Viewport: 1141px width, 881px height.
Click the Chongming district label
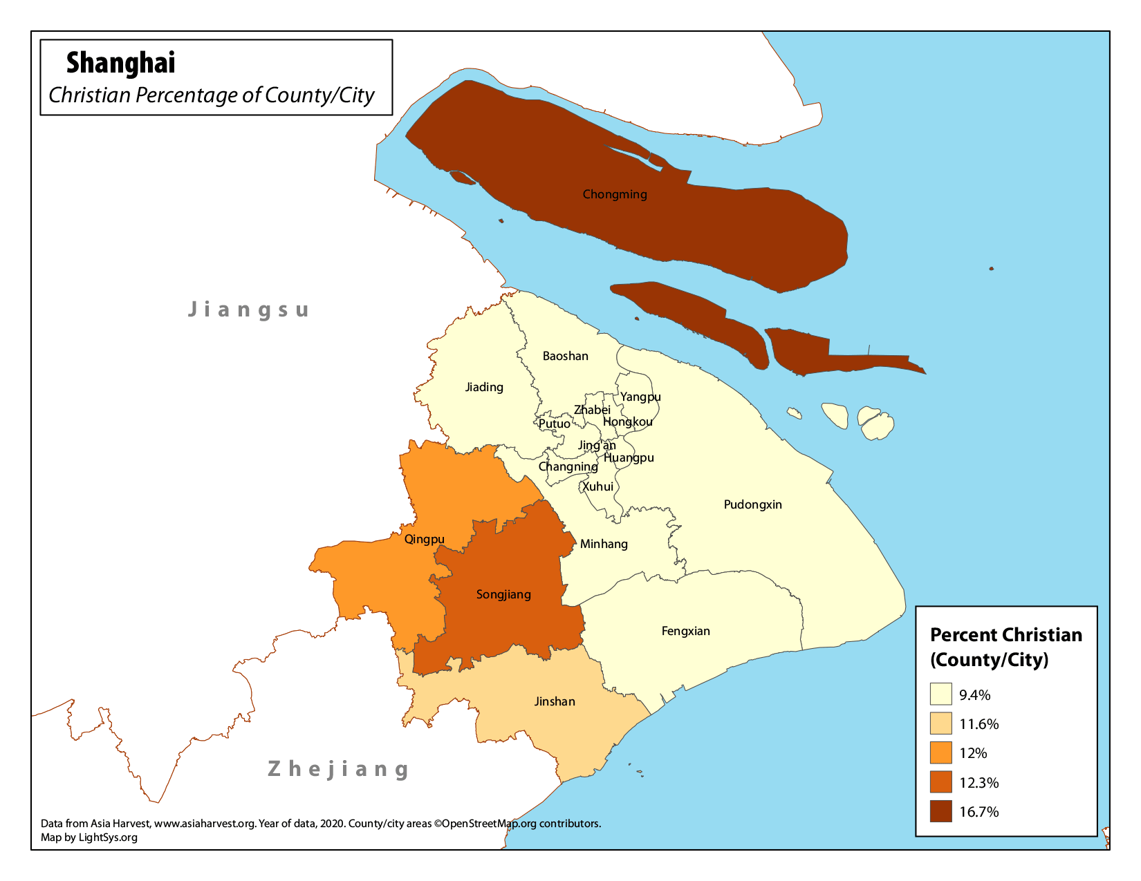pos(615,194)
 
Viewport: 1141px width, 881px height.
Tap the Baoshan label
pos(565,356)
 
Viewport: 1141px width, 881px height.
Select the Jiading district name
pos(484,387)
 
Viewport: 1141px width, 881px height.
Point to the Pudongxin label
pos(752,504)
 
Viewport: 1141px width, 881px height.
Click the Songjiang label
pos(503,594)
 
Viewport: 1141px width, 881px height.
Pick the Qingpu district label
pos(424,539)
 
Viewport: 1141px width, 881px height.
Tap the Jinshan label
pos(555,701)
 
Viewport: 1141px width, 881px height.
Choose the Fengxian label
pos(685,631)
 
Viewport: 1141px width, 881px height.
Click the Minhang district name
pos(604,544)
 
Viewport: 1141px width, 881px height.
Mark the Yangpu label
pos(640,397)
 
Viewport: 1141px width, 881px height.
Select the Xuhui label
pos(597,486)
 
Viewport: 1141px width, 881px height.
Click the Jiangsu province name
pos(249,309)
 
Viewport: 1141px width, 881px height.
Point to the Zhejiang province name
pos(339,768)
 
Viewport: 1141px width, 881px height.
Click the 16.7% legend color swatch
pos(940,811)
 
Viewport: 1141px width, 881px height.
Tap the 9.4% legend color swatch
pos(940,694)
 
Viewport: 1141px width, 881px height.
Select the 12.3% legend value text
pos(978,783)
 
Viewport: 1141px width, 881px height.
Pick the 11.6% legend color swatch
pos(940,723)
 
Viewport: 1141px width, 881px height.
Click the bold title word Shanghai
pos(121,63)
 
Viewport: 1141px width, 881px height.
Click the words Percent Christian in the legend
pos(1005,635)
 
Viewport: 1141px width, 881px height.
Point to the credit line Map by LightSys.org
pos(89,837)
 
